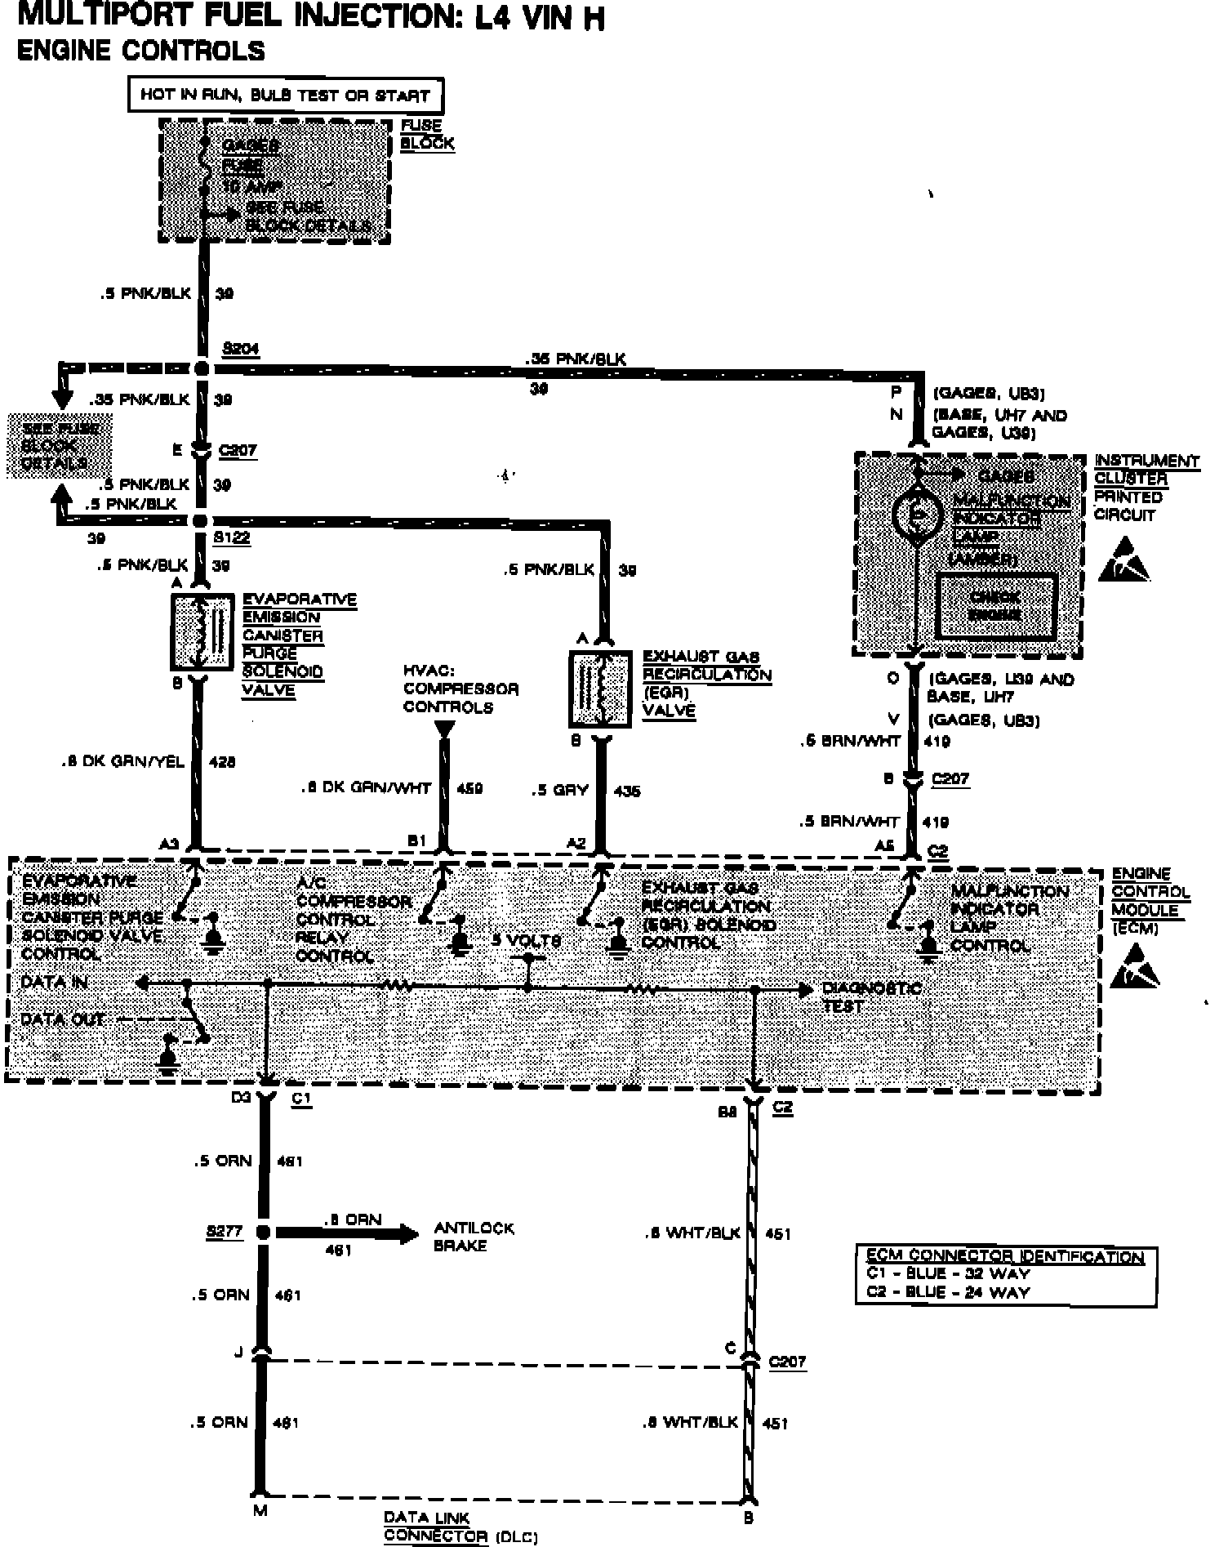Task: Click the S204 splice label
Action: pos(240,350)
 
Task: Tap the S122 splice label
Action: pos(231,538)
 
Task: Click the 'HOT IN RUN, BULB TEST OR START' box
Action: pos(285,95)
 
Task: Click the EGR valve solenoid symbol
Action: pos(600,689)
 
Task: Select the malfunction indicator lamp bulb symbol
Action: pos(918,515)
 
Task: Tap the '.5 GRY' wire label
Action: pos(560,791)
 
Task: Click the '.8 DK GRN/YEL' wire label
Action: pos(122,762)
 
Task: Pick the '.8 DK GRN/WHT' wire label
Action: pos(366,788)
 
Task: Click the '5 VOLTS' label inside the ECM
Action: pos(527,940)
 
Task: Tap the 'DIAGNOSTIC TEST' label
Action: pos(870,997)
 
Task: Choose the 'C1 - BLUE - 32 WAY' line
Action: pos(948,1273)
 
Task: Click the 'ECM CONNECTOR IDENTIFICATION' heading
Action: pos(1005,1256)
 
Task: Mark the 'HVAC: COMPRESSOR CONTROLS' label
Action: pos(460,689)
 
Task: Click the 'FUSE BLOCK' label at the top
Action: pos(426,135)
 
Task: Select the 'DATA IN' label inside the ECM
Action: pos(54,982)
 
